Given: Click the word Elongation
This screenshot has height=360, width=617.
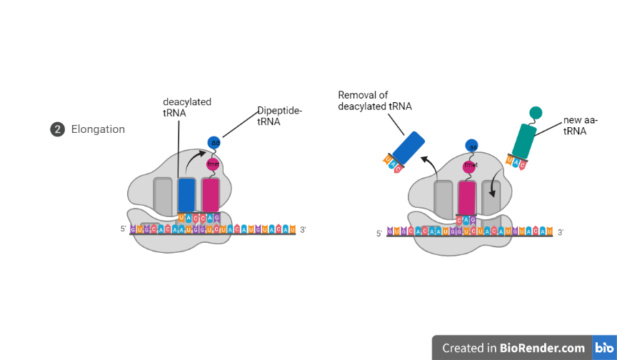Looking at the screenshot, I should point(98,129).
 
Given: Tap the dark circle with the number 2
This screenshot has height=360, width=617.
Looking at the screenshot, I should point(57,129).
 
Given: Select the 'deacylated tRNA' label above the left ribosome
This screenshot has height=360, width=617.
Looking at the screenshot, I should point(187,108).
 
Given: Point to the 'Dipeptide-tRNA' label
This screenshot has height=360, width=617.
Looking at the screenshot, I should point(280,116).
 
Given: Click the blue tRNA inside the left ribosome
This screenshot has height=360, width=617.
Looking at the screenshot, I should point(186,194).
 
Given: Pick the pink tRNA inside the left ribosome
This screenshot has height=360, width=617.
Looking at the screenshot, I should point(211,194).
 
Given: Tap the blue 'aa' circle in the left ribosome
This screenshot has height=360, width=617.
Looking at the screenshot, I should point(214,143).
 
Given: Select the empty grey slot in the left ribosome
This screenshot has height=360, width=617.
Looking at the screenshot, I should point(163,195).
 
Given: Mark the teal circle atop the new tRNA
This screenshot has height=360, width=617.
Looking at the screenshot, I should point(536,112).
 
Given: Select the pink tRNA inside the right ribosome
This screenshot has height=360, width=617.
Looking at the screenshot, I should point(466,198).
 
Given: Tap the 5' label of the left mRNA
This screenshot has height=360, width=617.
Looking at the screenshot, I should point(124,229).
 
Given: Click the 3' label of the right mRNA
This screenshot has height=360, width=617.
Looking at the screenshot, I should point(561,232).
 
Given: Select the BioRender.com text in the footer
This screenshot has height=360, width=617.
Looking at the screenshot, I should point(543,348).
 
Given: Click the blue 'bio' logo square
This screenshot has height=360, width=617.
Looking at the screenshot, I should point(603,348).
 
